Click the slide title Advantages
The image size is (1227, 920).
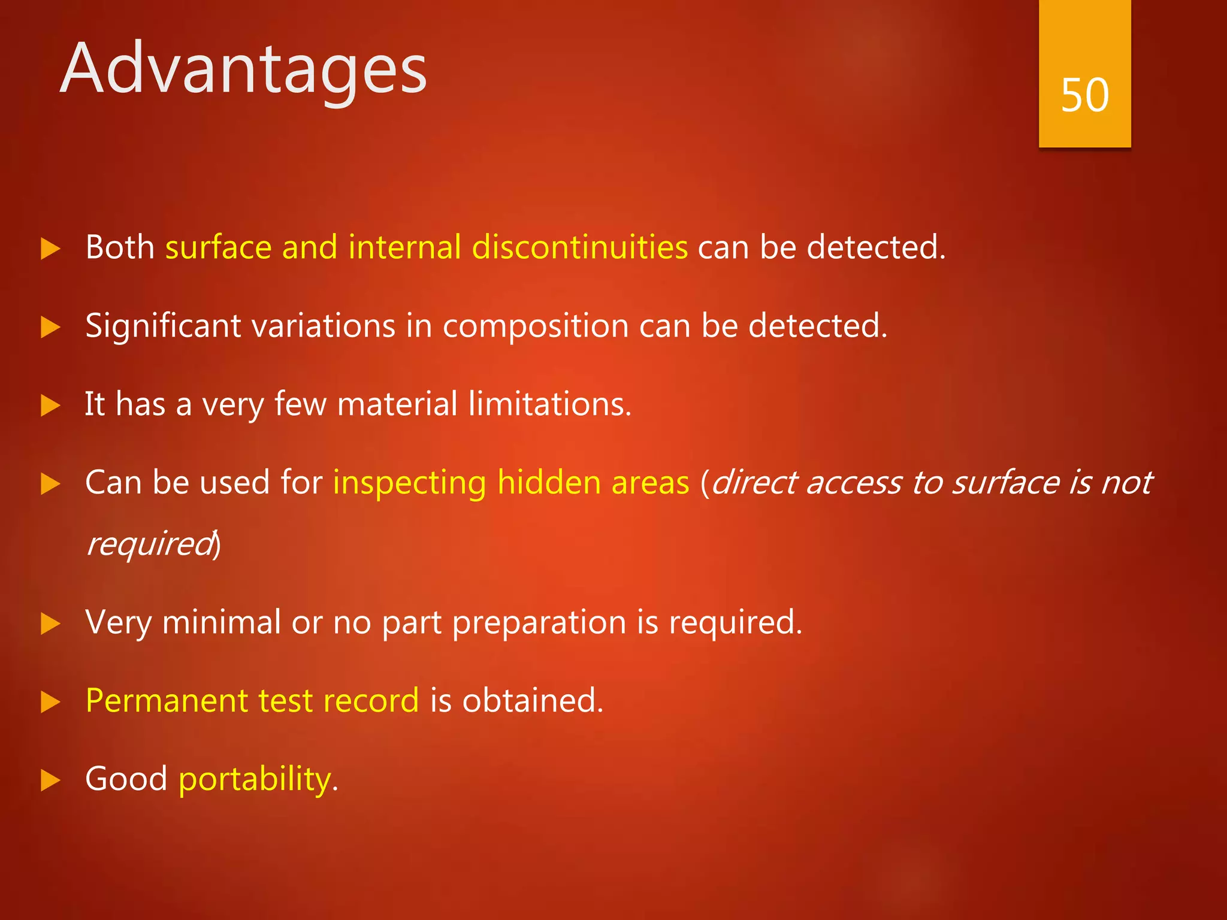pos(243,69)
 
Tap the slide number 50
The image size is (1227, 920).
pos(1084,95)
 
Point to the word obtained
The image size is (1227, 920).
pos(532,700)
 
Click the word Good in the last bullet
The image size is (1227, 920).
pos(126,779)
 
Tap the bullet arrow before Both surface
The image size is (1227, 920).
pos(50,249)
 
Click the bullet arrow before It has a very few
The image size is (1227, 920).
pos(50,405)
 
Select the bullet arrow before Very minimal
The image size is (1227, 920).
pos(50,624)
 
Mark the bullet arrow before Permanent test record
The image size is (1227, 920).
pos(50,702)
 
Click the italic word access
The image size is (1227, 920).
pos(853,483)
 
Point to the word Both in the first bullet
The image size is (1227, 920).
pos(120,247)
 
